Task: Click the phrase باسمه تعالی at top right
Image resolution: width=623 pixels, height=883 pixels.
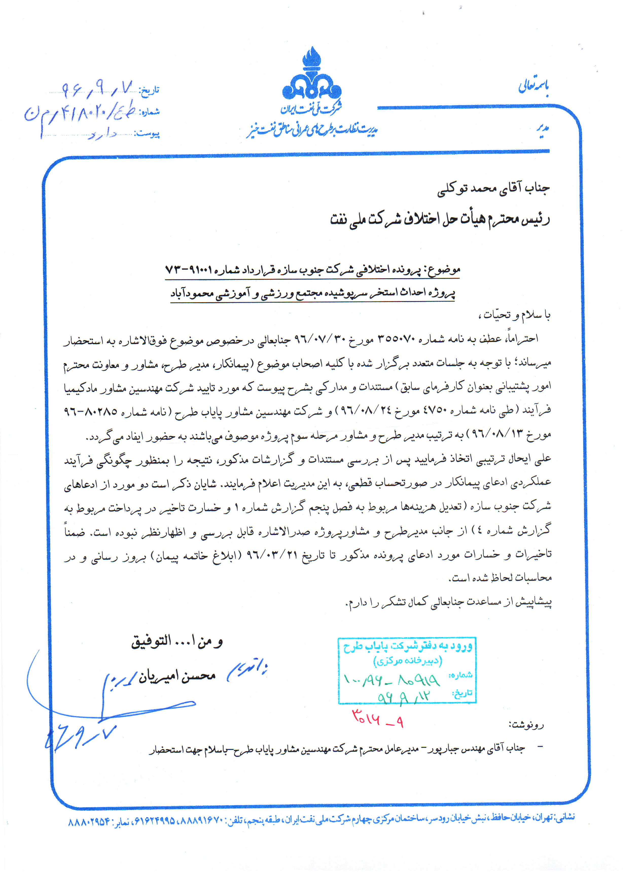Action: coord(533,86)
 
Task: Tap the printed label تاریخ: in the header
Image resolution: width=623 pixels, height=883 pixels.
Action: coord(149,91)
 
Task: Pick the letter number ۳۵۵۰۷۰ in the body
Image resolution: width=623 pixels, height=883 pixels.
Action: coord(396,339)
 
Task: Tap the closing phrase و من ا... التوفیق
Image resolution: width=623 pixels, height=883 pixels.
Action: coord(177,641)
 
